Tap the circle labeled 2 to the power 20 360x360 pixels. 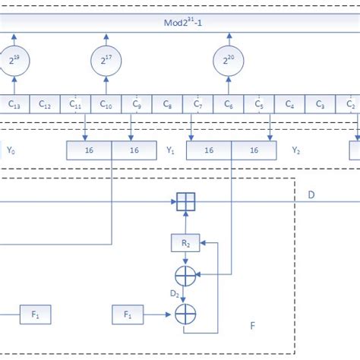pyautogui.click(x=228, y=60)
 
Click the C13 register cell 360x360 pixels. pyautogui.click(x=14, y=104)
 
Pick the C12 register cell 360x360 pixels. pyautogui.click(x=45, y=104)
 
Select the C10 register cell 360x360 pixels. pyautogui.click(x=106, y=104)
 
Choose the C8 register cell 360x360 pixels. pyautogui.click(x=167, y=104)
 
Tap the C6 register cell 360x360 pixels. pyautogui.click(x=228, y=104)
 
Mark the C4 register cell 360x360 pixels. pyautogui.click(x=289, y=104)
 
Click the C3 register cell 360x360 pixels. pyautogui.click(x=320, y=104)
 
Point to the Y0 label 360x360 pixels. pyautogui.click(x=11, y=150)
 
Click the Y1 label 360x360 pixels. pyautogui.click(x=171, y=150)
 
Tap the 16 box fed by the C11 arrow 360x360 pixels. pyautogui.click(x=89, y=150)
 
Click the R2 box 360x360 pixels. pyautogui.click(x=185, y=243)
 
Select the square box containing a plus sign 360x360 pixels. pyautogui.click(x=185, y=202)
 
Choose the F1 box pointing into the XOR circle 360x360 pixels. pyautogui.click(x=127, y=313)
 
